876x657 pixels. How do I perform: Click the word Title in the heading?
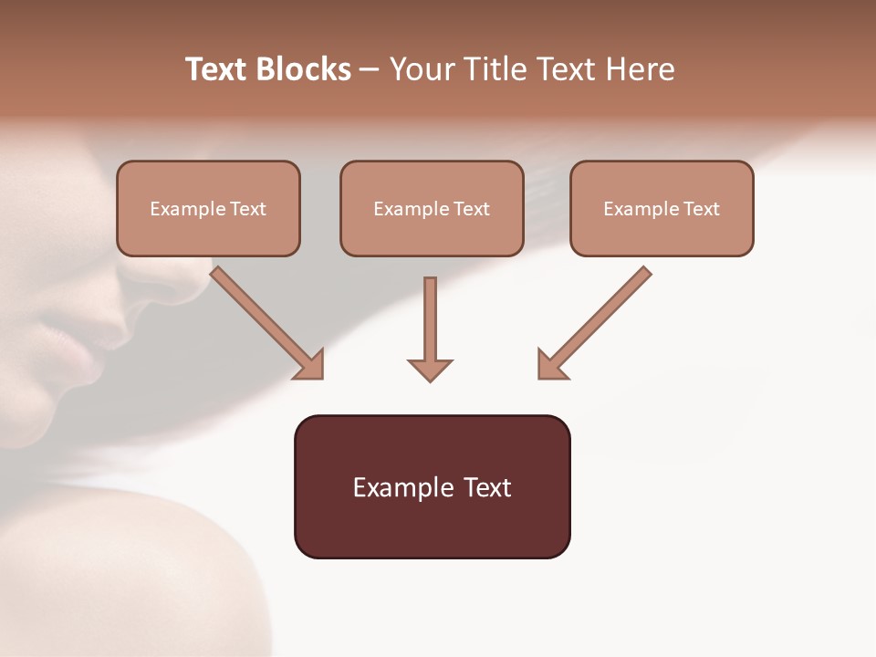pyautogui.click(x=493, y=69)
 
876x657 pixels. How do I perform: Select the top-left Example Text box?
pyautogui.click(x=208, y=208)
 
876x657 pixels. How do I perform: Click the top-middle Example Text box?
pyautogui.click(x=432, y=208)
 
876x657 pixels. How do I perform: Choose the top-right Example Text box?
pyautogui.click(x=662, y=208)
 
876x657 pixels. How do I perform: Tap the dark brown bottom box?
pyautogui.click(x=432, y=486)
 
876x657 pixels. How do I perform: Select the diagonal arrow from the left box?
pyautogui.click(x=265, y=320)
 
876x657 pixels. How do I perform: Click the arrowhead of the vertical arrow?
pyautogui.click(x=430, y=369)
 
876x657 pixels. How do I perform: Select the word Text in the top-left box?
pyautogui.click(x=247, y=209)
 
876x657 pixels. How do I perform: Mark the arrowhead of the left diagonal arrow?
pyautogui.click(x=310, y=365)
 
